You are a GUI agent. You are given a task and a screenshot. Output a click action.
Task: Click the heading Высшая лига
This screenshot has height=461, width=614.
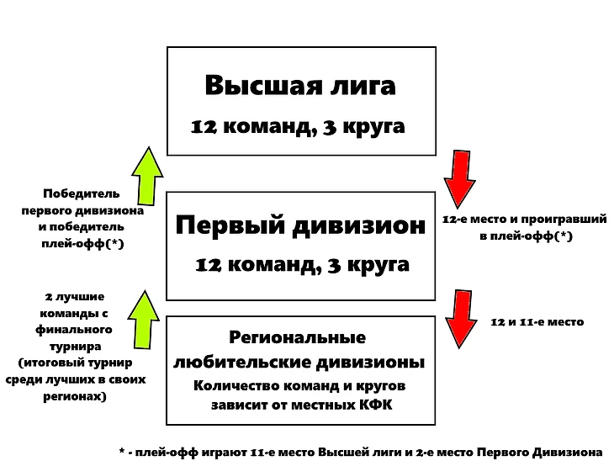click(x=300, y=87)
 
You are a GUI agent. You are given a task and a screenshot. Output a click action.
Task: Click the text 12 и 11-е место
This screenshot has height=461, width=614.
click(x=537, y=322)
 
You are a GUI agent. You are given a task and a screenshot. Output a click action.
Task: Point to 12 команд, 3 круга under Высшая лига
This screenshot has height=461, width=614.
click(x=298, y=127)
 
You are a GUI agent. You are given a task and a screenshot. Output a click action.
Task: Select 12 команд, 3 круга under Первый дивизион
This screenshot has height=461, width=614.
click(x=302, y=265)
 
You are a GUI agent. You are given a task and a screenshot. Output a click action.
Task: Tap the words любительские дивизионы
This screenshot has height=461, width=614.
click(x=299, y=363)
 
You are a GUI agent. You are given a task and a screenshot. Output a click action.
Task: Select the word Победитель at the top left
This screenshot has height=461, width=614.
click(x=82, y=193)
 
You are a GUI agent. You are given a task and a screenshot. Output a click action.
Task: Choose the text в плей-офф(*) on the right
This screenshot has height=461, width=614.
click(x=526, y=237)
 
